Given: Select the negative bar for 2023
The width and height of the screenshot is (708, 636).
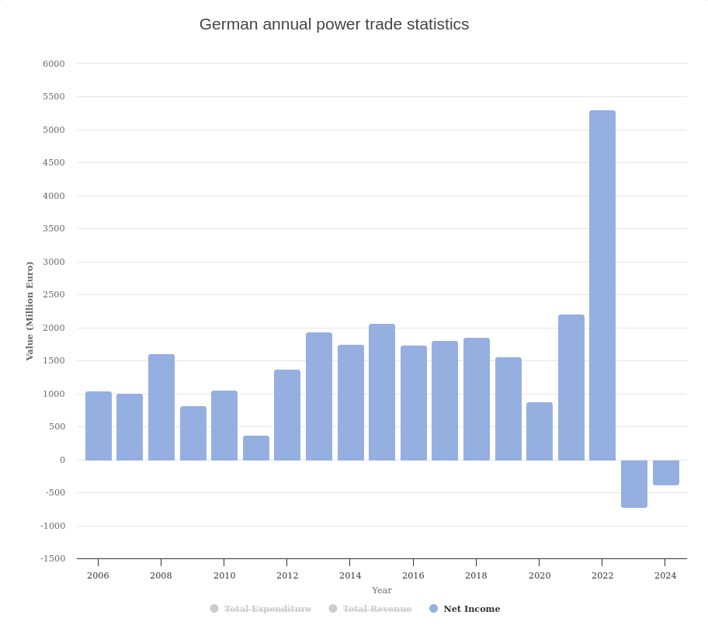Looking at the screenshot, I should (634, 483).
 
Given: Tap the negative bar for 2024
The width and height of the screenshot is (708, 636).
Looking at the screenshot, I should (665, 472).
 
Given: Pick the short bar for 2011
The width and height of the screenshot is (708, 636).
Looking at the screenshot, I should (256, 448).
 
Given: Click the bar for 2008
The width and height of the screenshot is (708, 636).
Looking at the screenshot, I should (161, 407).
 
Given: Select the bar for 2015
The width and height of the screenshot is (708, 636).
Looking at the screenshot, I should (382, 392).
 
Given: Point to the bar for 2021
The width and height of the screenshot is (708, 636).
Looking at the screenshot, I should (571, 388).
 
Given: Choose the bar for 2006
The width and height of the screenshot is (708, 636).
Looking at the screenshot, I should (99, 426).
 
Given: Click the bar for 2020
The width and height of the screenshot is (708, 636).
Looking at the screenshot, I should (540, 431).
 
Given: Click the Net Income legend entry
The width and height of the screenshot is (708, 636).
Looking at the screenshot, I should (471, 609).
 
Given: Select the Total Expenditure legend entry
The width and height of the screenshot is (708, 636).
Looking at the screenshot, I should (267, 609).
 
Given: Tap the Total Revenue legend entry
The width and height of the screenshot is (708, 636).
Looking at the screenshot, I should (377, 609).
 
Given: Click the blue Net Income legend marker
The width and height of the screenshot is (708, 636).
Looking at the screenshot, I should (433, 609).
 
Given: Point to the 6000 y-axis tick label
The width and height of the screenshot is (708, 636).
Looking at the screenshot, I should (54, 64).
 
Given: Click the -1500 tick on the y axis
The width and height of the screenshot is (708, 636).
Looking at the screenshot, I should (53, 558).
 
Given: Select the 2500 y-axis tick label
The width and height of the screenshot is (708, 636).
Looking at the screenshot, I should (54, 294).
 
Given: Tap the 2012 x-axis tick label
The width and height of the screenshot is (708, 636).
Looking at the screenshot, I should (287, 575).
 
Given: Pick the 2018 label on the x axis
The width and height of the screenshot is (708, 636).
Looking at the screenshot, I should (476, 575).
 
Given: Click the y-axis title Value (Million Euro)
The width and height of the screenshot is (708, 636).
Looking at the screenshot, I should (29, 311).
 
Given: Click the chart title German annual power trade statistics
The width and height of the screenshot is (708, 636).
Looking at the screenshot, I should (334, 24).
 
